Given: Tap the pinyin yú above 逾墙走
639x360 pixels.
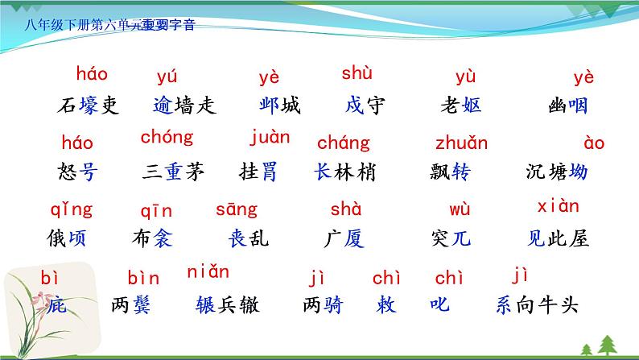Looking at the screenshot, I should (x=167, y=78).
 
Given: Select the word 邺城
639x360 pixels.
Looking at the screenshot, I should (x=280, y=106).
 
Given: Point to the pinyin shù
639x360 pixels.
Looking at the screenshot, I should (x=357, y=74).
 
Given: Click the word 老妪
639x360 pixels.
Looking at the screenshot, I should (x=461, y=106).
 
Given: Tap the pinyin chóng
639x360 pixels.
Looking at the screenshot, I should (x=167, y=137).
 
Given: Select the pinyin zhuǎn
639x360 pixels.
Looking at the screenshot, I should (x=461, y=143).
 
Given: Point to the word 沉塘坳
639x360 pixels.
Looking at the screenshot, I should (x=555, y=172).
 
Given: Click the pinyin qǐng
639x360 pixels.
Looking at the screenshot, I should (x=71, y=210).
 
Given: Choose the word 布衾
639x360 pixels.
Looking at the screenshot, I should (x=152, y=238).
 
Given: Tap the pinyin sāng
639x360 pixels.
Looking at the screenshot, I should (x=237, y=209).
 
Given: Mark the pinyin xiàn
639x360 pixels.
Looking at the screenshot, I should (x=557, y=206).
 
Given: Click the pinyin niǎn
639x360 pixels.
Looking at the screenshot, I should (x=208, y=271).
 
